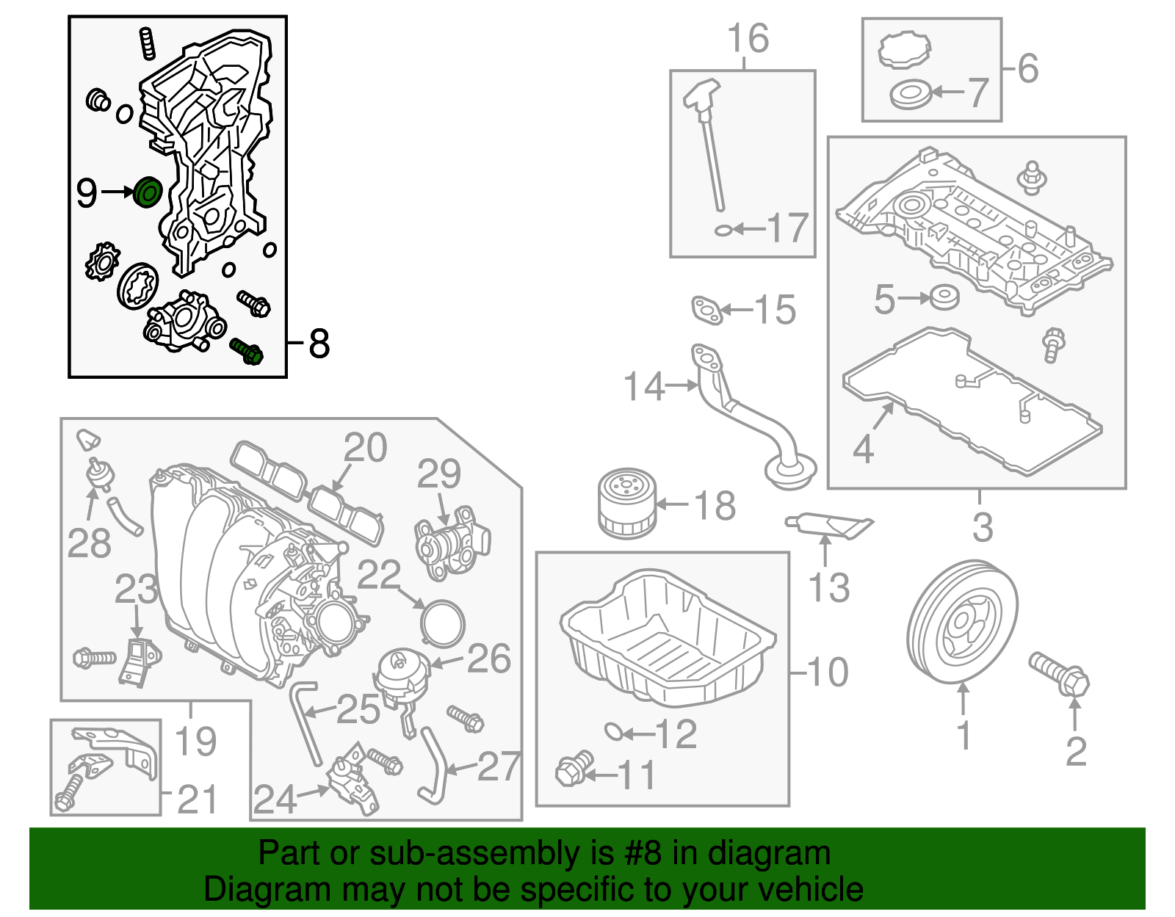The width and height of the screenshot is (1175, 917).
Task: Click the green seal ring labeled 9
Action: pyautogui.click(x=148, y=192)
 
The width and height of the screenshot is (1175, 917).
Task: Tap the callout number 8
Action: pyautogui.click(x=319, y=343)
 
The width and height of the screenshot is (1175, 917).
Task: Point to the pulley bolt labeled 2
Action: pyautogui.click(x=1060, y=674)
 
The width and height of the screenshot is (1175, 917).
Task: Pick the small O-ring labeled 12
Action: pyautogui.click(x=613, y=731)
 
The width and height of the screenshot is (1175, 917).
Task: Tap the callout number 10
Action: pyautogui.click(x=828, y=672)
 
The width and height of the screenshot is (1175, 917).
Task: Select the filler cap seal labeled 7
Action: pyautogui.click(x=910, y=95)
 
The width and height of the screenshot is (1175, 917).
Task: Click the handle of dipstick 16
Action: pyautogui.click(x=701, y=94)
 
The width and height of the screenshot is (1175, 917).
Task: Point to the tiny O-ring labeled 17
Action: pyautogui.click(x=723, y=231)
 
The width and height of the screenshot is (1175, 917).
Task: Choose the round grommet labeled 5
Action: pyautogui.click(x=944, y=298)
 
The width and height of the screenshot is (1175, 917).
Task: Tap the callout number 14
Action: pyautogui.click(x=643, y=386)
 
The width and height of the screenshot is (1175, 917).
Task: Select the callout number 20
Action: pyautogui.click(x=365, y=448)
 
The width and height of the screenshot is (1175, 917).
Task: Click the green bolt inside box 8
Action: pyautogui.click(x=247, y=351)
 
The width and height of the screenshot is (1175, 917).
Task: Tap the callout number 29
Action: pyautogui.click(x=439, y=474)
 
